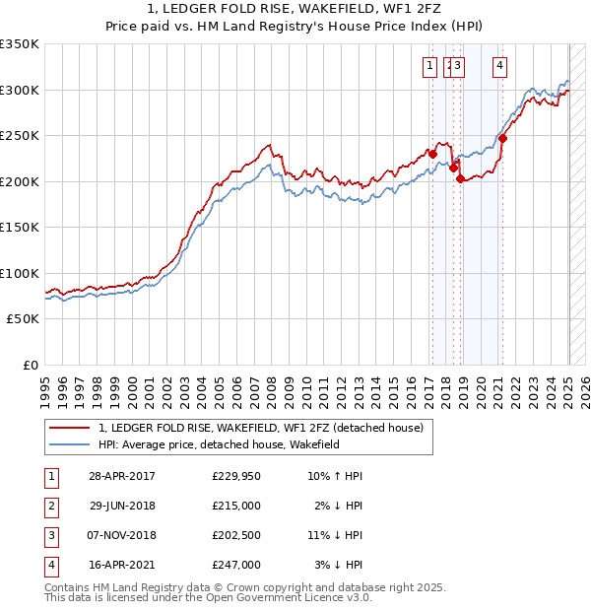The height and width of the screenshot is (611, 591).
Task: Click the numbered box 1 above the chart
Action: tap(431, 66)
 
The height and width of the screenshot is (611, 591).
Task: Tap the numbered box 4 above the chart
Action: tap(500, 66)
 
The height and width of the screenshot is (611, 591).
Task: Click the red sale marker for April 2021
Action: tap(502, 138)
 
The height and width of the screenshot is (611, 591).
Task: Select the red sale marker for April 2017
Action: tap(432, 154)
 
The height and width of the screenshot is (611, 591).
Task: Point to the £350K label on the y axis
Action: tap(20, 44)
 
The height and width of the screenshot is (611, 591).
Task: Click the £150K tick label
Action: tap(20, 227)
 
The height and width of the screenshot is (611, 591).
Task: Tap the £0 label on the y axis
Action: tap(30, 365)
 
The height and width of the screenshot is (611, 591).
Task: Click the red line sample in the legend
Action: tap(70, 428)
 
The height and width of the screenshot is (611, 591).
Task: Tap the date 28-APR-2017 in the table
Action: tap(121, 476)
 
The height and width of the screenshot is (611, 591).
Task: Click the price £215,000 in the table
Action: tap(236, 506)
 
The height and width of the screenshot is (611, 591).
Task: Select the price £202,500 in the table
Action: tap(236, 535)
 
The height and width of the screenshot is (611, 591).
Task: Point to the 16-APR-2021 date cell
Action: tap(121, 565)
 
